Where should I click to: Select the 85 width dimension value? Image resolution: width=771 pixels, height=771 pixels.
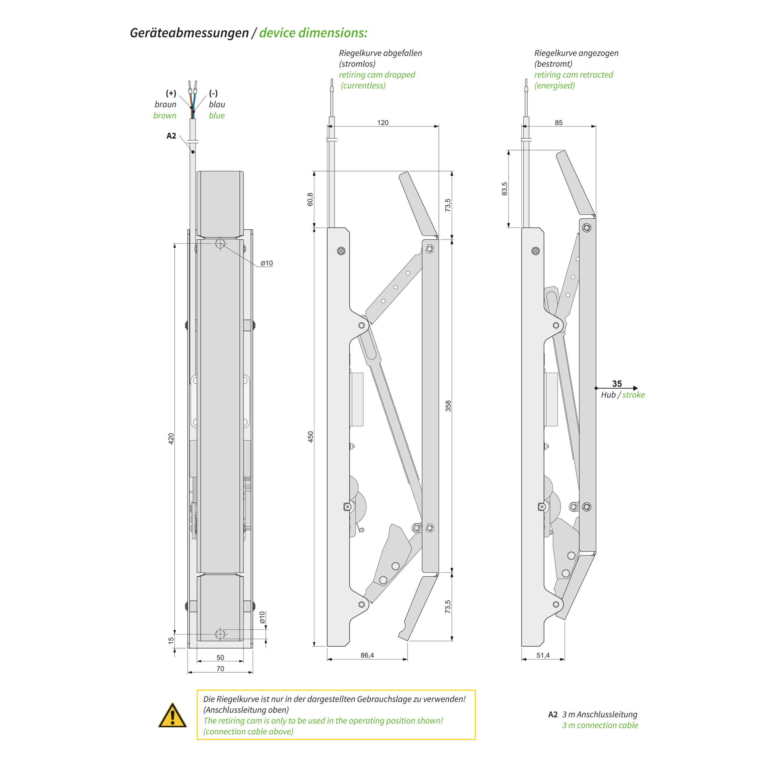[558, 123]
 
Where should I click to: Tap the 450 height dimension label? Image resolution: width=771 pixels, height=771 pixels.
[311, 437]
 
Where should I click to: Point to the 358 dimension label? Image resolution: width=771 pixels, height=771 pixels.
[448, 406]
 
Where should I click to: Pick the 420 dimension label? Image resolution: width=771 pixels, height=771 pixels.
[171, 439]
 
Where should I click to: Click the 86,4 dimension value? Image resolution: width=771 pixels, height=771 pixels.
[367, 655]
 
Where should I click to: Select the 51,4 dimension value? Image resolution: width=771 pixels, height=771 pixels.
[543, 655]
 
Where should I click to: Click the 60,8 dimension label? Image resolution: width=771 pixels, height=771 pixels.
[310, 199]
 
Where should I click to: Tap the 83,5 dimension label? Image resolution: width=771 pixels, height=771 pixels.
[504, 189]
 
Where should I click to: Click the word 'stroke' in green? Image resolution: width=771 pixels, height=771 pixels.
[633, 395]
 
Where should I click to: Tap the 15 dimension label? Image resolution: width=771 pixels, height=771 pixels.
[171, 640]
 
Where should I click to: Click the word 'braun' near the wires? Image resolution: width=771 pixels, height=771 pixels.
[165, 104]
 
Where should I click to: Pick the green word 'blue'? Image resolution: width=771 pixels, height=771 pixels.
[217, 115]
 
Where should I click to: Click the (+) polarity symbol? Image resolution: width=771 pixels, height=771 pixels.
[171, 93]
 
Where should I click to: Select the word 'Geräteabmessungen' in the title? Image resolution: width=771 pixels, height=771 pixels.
[189, 33]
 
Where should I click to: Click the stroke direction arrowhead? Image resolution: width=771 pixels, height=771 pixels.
[635, 388]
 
